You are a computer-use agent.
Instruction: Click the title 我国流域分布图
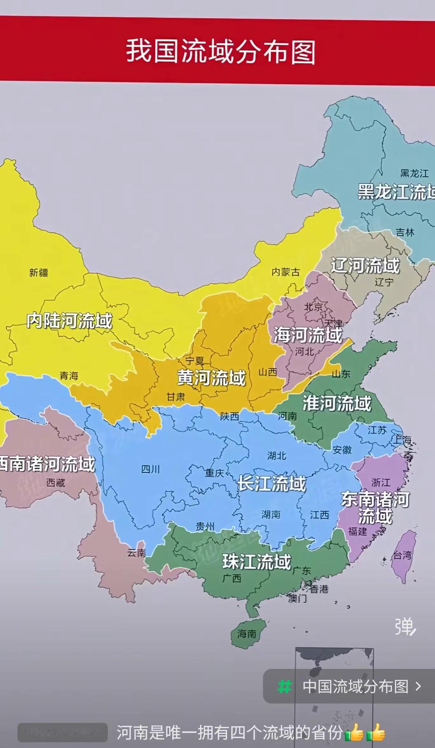[x=221, y=52]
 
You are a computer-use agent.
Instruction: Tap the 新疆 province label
[x=38, y=272]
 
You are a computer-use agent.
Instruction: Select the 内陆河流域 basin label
[x=69, y=321]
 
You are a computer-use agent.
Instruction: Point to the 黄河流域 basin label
[x=211, y=378]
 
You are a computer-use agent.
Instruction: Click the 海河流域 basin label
[x=308, y=335]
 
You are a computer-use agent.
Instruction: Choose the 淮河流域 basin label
[x=337, y=403]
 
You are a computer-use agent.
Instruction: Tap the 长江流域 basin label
[x=272, y=483]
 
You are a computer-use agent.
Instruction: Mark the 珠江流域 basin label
[x=257, y=562]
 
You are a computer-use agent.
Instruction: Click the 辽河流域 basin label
[x=365, y=265]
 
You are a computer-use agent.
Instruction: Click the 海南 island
[x=247, y=634]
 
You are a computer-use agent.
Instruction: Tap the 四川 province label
[x=150, y=469]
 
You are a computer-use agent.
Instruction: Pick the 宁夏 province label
[x=194, y=360]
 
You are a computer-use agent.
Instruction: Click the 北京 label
[x=313, y=307]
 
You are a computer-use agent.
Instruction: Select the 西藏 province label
[x=55, y=483]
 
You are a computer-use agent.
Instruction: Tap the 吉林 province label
[x=405, y=233]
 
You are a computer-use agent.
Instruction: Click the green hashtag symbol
[x=284, y=687]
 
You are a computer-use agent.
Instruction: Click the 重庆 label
[x=214, y=473]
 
